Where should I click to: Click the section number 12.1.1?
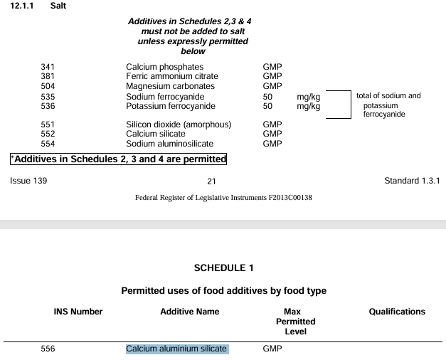coord(23,6)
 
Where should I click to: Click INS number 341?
coord(48,67)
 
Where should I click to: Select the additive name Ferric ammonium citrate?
coord(172,76)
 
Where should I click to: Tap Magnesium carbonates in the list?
coord(170,86)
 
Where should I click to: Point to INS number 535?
coord(48,97)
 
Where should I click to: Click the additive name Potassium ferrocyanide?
coord(170,106)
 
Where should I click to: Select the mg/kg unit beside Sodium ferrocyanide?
coord(308,97)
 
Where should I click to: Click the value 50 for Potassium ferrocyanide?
coord(267,106)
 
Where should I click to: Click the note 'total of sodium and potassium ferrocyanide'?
coord(388,105)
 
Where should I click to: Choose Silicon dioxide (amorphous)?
coord(179,125)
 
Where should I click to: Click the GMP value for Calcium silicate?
coord(272,134)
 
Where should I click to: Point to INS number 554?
coord(48,143)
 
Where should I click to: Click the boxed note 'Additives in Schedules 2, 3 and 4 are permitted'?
coord(118,159)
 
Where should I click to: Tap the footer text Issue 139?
coord(28,181)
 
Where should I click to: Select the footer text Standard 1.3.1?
coord(412,181)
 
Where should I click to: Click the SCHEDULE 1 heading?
coord(223,268)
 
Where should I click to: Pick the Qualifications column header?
coord(397,312)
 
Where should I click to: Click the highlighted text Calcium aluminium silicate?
coord(176,349)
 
